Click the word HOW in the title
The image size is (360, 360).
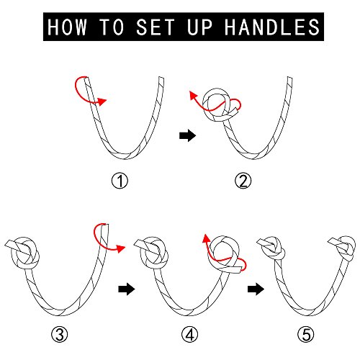(67, 27)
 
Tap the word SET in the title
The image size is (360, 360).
(156, 27)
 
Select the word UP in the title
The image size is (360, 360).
(199, 27)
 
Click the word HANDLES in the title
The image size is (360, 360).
(272, 27)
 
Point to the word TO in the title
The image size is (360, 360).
(112, 27)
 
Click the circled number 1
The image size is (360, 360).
(120, 181)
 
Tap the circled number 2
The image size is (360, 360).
(243, 181)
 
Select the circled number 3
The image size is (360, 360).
(60, 334)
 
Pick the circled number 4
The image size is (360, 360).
(189, 334)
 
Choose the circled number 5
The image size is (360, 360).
(306, 334)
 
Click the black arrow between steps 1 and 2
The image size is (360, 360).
(188, 135)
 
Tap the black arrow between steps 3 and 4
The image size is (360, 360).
(127, 289)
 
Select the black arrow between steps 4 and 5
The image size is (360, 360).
(256, 289)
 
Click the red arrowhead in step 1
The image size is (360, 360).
(102, 102)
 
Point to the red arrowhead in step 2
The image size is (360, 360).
(193, 96)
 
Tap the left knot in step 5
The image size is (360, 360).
(271, 248)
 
